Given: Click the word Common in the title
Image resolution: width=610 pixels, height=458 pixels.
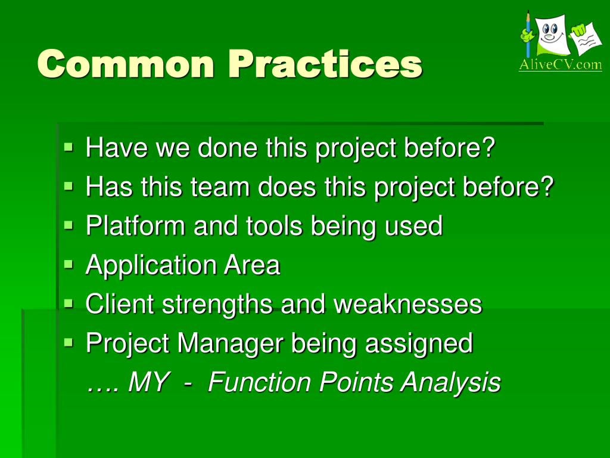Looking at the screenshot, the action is (126, 64).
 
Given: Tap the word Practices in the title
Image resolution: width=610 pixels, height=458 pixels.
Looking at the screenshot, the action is (325, 64).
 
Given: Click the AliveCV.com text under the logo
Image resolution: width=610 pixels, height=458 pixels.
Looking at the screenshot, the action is (560, 64).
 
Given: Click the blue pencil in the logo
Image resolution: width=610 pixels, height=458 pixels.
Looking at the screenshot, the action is (528, 35).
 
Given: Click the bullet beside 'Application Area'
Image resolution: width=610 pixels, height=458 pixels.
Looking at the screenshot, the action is (69, 264).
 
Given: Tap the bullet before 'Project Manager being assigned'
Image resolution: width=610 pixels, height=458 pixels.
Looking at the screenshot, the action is (69, 342).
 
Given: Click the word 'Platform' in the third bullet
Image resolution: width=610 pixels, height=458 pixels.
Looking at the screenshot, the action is (135, 225).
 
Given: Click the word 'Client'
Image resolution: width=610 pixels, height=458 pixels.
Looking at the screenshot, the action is (119, 304).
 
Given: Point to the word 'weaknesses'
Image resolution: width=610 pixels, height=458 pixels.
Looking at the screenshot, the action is (407, 304).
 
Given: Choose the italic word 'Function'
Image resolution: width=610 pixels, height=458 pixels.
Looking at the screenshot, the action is (259, 382).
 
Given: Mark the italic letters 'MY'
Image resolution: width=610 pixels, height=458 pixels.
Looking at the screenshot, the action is (148, 382).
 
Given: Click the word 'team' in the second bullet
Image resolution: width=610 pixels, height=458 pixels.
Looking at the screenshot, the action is (220, 187).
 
